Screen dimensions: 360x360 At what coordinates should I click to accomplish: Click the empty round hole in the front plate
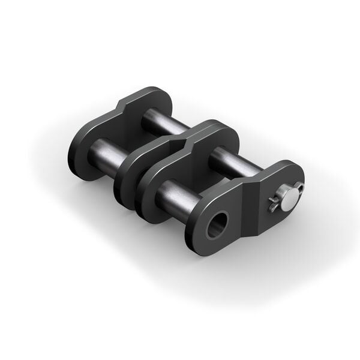[x=218, y=225]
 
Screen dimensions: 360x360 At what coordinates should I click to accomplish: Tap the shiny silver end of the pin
[x=289, y=199]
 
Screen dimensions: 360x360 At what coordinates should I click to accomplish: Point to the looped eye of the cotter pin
[x=299, y=188]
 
